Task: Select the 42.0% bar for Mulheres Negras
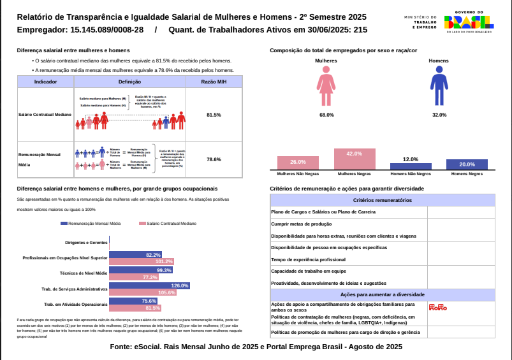[355, 159]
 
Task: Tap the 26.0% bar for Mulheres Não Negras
[298, 162]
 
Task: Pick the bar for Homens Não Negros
[411, 166]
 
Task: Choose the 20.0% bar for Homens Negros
[467, 164]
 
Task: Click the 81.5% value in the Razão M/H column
[214, 115]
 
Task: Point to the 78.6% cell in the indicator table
[214, 159]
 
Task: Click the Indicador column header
[46, 82]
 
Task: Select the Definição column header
[130, 82]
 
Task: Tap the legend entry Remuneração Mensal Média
[91, 224]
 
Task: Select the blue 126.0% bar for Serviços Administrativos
[150, 285]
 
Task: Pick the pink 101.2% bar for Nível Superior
[142, 261]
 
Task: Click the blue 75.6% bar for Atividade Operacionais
[133, 301]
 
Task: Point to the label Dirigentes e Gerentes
[86, 243]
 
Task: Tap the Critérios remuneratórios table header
[383, 200]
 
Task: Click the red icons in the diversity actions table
[438, 308]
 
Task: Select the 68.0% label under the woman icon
[326, 115]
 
